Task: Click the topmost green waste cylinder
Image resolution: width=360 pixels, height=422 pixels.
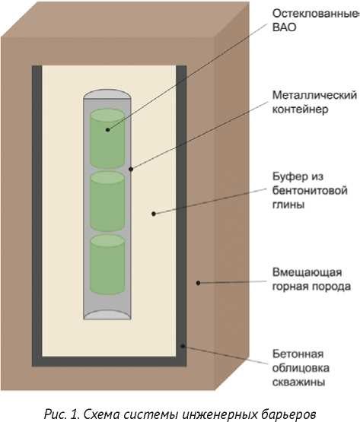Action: [107, 139]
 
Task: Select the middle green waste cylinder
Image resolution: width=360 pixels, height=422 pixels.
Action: [107, 201]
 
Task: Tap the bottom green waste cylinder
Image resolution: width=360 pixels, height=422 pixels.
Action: [107, 265]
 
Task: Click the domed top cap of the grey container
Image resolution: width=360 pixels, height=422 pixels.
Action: [107, 94]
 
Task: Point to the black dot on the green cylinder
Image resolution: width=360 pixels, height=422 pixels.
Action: [108, 130]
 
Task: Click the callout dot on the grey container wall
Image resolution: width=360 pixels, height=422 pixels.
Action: [131, 169]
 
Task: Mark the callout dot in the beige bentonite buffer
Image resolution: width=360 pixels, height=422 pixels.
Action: [154, 214]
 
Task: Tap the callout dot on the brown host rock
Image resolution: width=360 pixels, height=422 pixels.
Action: [198, 283]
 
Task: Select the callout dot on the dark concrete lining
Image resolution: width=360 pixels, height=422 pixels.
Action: [183, 346]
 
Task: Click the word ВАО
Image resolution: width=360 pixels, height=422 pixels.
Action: [285, 27]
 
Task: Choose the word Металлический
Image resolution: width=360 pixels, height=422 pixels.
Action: [314, 95]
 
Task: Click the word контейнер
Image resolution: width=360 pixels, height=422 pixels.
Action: [300, 109]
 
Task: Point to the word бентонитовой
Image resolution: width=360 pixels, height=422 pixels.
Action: [310, 191]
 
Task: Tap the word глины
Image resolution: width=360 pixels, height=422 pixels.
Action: [288, 205]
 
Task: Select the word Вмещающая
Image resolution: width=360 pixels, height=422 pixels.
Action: [307, 272]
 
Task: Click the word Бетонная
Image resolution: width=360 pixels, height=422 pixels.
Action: [298, 354]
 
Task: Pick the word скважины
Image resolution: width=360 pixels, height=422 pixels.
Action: [298, 382]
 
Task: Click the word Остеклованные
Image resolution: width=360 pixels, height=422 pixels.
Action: [316, 14]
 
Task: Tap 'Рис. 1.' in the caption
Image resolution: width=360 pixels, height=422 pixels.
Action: [62, 414]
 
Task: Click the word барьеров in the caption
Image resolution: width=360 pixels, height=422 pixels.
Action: [289, 414]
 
